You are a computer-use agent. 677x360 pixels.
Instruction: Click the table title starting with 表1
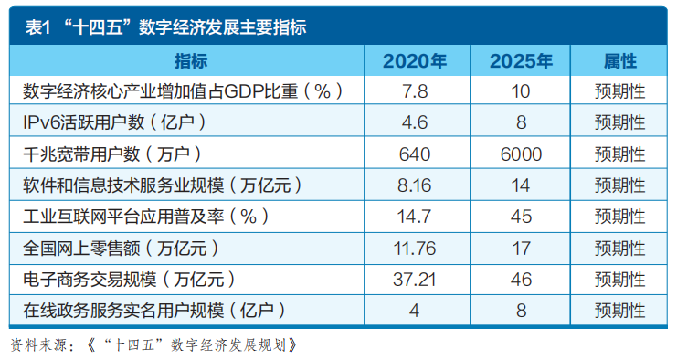(165, 27)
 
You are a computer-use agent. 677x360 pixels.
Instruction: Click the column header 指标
(191, 61)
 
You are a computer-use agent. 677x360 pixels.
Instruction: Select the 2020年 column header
(415, 61)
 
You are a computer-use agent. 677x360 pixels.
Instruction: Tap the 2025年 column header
(521, 61)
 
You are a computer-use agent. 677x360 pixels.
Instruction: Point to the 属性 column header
(619, 61)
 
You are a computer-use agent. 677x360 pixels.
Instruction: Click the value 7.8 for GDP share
(415, 91)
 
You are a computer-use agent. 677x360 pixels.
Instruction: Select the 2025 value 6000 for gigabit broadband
(521, 154)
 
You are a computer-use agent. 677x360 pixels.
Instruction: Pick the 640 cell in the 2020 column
(415, 154)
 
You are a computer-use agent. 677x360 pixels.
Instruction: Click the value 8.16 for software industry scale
(415, 185)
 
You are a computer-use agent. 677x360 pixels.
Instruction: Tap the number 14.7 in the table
(415, 217)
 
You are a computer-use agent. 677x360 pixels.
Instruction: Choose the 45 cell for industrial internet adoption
(521, 217)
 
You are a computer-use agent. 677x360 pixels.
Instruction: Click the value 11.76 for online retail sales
(415, 249)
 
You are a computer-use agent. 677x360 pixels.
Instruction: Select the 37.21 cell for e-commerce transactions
(415, 280)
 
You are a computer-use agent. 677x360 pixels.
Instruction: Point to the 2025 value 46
(521, 280)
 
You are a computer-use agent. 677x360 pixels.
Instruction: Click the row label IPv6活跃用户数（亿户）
(115, 122)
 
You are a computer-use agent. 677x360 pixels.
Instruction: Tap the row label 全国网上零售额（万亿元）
(122, 249)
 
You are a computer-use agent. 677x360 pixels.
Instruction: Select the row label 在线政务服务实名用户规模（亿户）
(154, 311)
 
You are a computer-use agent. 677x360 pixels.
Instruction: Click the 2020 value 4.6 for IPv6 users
(415, 122)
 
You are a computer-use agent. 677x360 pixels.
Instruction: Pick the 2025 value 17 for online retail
(521, 249)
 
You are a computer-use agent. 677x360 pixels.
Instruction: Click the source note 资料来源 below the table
(153, 344)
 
